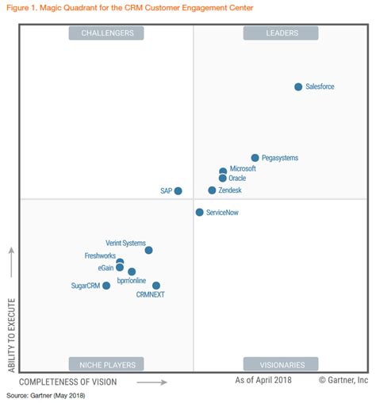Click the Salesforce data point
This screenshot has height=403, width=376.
click(x=298, y=86)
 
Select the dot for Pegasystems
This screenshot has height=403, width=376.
click(x=255, y=158)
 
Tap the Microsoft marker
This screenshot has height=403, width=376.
click(x=223, y=171)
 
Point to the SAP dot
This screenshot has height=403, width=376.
click(x=178, y=190)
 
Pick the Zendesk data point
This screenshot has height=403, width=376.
click(x=212, y=190)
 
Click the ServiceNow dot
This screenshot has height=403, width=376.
click(x=199, y=213)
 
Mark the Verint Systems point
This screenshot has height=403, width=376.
click(x=148, y=250)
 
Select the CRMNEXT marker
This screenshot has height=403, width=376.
click(x=156, y=286)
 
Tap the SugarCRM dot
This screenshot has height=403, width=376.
click(x=106, y=286)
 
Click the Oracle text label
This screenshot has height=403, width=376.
click(x=237, y=178)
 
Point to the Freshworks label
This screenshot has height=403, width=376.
click(x=101, y=255)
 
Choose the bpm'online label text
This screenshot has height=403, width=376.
click(x=132, y=280)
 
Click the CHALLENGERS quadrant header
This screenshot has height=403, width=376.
click(x=107, y=33)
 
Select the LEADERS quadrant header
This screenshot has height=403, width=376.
click(x=282, y=33)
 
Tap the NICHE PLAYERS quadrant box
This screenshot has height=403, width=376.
click(x=107, y=364)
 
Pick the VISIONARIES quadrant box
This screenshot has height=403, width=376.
click(x=282, y=364)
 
